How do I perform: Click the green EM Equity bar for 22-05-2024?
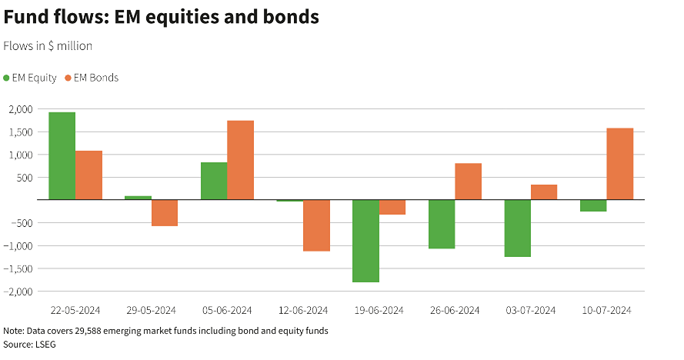(62, 156)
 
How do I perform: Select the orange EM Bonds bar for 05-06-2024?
(240, 160)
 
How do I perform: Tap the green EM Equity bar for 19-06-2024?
(366, 241)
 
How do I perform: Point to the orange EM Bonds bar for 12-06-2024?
(316, 225)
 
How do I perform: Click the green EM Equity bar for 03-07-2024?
(518, 228)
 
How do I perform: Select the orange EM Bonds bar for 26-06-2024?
(468, 182)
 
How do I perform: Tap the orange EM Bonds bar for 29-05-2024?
(164, 213)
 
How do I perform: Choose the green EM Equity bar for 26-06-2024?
(442, 224)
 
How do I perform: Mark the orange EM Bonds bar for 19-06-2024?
(392, 207)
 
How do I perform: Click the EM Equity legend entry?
(30, 78)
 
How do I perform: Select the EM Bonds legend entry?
(92, 78)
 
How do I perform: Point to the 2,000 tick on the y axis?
(20, 109)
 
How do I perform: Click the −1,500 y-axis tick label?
(18, 269)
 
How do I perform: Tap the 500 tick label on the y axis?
(25, 178)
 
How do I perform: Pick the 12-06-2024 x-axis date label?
(302, 311)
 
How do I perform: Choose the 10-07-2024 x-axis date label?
(607, 311)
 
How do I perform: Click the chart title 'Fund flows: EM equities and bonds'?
(161, 17)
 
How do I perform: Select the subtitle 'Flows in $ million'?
(48, 46)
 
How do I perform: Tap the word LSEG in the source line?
(45, 345)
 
